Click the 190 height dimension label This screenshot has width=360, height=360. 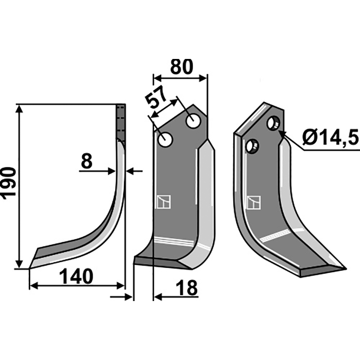[x=9, y=183]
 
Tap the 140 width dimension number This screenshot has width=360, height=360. [x=76, y=277]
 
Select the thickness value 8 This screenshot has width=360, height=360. [x=87, y=161]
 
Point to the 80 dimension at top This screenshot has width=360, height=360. [x=181, y=67]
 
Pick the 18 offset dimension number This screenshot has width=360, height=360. [x=187, y=288]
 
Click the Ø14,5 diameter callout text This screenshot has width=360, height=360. [x=330, y=137]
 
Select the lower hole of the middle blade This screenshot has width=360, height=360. [x=165, y=140]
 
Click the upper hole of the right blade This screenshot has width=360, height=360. [x=274, y=123]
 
